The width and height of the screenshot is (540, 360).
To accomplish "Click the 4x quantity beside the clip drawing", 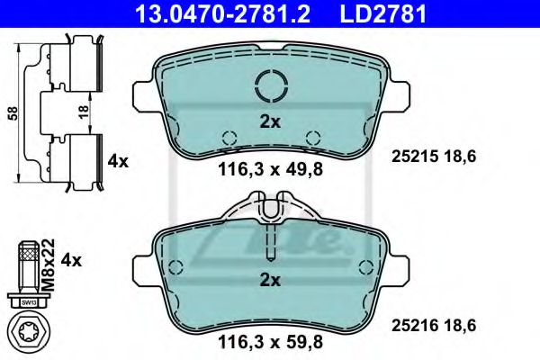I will coord(118,162).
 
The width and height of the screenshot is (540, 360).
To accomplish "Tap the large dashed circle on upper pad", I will coord(270,86).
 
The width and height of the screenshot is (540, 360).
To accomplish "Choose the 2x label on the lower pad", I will coord(270,280).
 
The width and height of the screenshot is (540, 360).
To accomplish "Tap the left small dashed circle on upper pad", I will coord(229,138).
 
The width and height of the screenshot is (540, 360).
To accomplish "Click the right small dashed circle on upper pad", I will coord(313,138).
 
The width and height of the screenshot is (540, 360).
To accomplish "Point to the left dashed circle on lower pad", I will coord(176,266).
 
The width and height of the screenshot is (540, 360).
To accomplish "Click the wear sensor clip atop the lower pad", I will coord(271,212).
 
